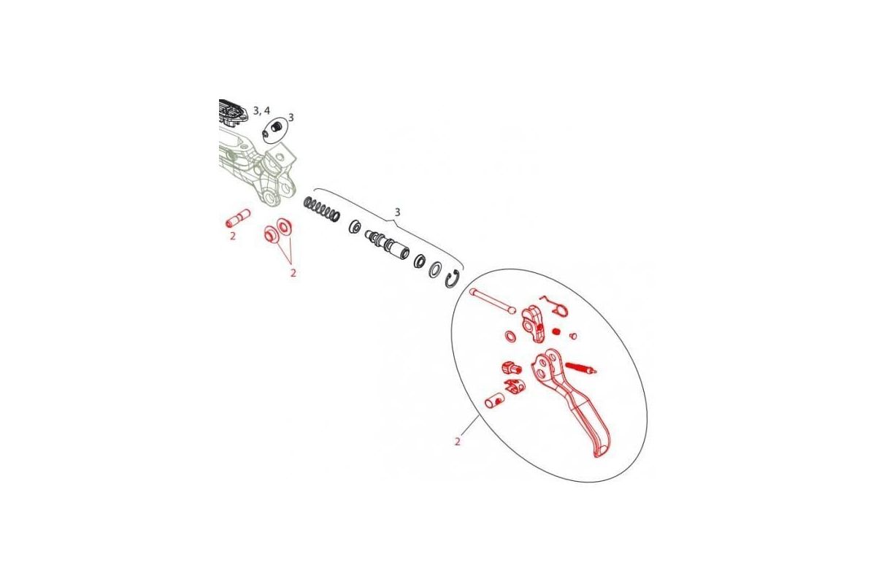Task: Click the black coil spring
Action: point(322,209)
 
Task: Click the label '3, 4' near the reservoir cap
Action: point(261,111)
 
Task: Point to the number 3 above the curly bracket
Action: point(397,212)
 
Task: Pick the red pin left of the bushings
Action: point(238,218)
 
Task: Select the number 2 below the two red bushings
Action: point(293,273)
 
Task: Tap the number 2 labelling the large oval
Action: point(457,442)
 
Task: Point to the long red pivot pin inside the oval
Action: point(494,300)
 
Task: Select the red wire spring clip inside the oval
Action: point(555,306)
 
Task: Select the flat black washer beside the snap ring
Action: point(436,268)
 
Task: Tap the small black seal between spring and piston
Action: point(355,226)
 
